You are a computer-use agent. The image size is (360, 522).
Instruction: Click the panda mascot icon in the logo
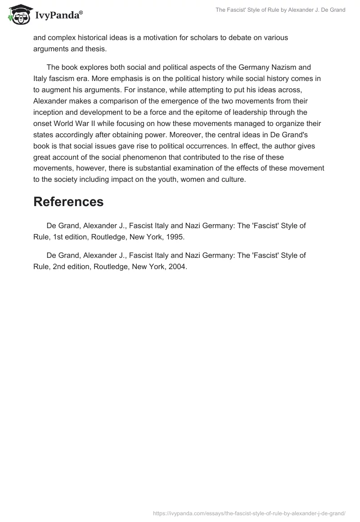click(x=18, y=14)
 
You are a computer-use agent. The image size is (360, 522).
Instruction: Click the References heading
click(x=68, y=202)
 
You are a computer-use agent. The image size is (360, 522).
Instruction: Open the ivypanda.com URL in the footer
click(x=249, y=513)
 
